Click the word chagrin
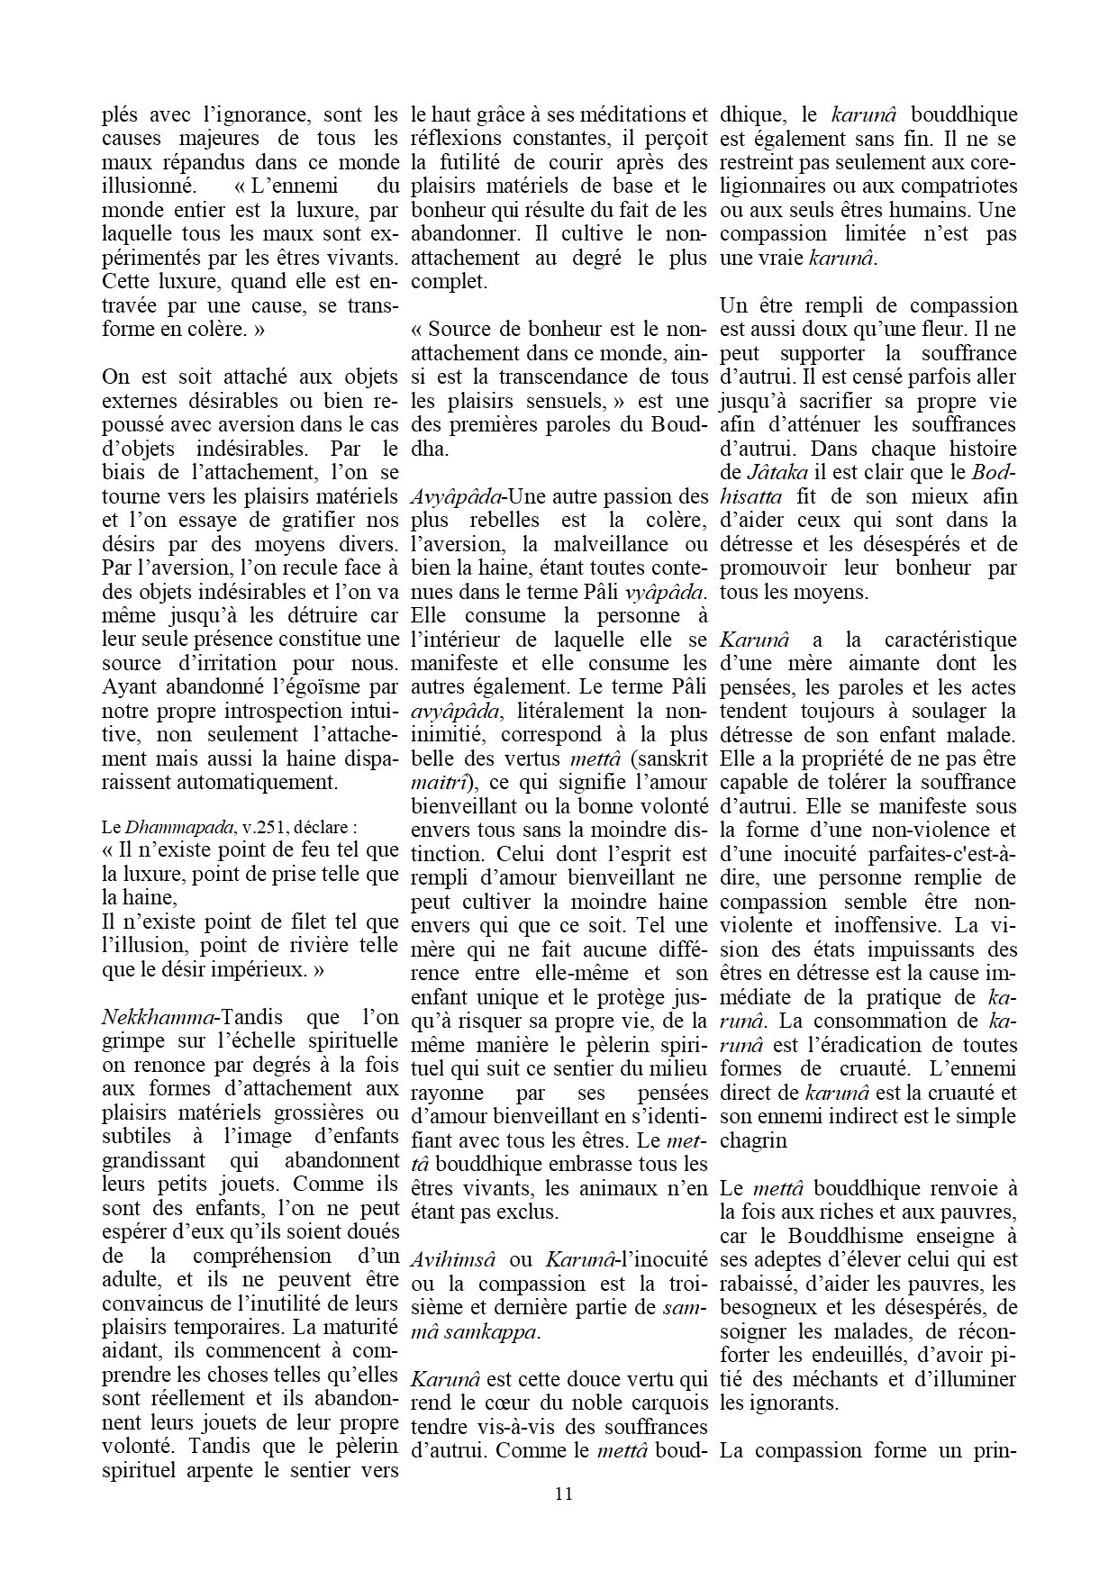pos(753,1140)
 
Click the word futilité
pos(486,163)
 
